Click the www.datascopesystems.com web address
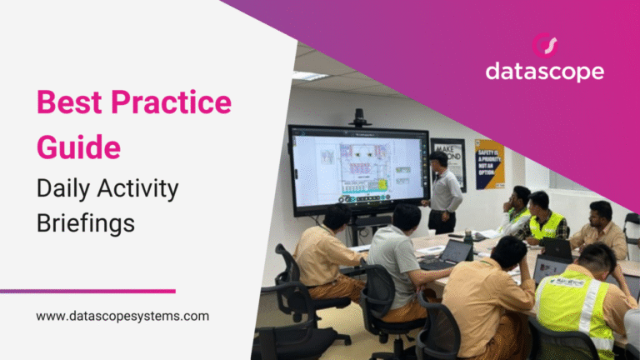pos(122,317)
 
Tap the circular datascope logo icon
pos(544,44)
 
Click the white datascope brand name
pos(544,72)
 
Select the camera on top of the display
pos(359,117)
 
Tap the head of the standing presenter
pos(438,159)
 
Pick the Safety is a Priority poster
pos(489,164)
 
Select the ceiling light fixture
pos(309,76)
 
